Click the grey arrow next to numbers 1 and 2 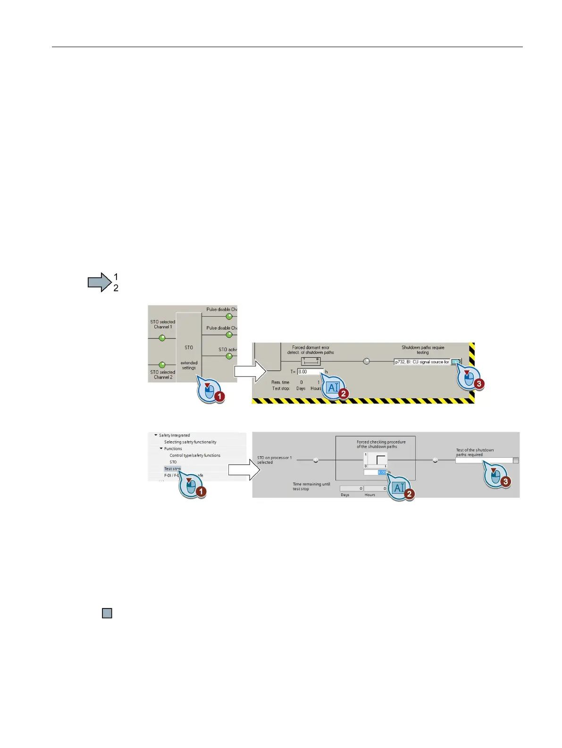[x=99, y=282]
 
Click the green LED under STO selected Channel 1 [x=162, y=338]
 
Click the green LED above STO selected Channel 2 [x=162, y=365]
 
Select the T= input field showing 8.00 [x=310, y=372]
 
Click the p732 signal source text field [x=422, y=362]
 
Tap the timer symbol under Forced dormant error [x=310, y=362]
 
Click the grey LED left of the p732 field [x=366, y=362]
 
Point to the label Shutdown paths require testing [x=423, y=350]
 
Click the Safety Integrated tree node [x=174, y=436]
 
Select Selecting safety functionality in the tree [x=190, y=442]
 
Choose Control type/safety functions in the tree [x=195, y=455]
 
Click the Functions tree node [x=173, y=449]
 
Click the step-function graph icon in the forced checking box [x=376, y=460]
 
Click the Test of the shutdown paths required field [x=484, y=460]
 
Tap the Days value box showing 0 [x=352, y=489]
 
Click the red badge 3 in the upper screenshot [x=479, y=384]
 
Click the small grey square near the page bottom [x=107, y=613]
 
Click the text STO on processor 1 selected [x=274, y=460]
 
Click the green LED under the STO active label [x=229, y=356]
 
